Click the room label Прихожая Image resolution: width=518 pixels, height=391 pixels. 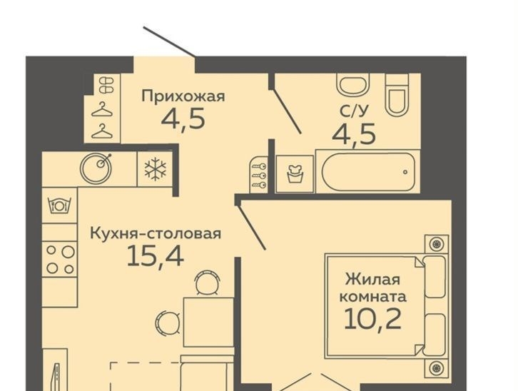(x=183, y=97)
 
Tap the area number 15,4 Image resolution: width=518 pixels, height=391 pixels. (x=155, y=256)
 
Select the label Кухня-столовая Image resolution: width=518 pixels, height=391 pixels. (x=156, y=234)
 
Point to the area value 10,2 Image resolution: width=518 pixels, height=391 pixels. (x=372, y=318)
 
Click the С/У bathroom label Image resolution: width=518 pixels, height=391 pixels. (x=353, y=112)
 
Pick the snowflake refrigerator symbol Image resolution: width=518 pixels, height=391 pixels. (x=156, y=169)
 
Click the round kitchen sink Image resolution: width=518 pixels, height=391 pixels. (x=96, y=168)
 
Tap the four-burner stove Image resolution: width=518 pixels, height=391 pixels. (x=60, y=260)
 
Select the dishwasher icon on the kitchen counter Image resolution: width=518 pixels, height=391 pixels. (x=60, y=205)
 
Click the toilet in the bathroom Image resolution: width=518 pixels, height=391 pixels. (x=397, y=95)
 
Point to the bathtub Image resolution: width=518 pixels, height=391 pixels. (x=368, y=171)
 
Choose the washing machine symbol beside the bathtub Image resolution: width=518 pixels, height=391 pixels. (x=295, y=173)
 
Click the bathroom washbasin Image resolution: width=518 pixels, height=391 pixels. (x=352, y=83)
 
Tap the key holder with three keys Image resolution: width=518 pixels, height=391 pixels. (x=259, y=173)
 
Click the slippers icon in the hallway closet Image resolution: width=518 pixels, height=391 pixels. (x=107, y=85)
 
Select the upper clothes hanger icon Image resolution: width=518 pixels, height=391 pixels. (x=102, y=109)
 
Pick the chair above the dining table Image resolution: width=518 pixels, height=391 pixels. (x=208, y=283)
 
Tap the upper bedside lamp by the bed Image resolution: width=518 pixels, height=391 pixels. (x=436, y=244)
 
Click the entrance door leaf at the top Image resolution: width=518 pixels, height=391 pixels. (x=168, y=41)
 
